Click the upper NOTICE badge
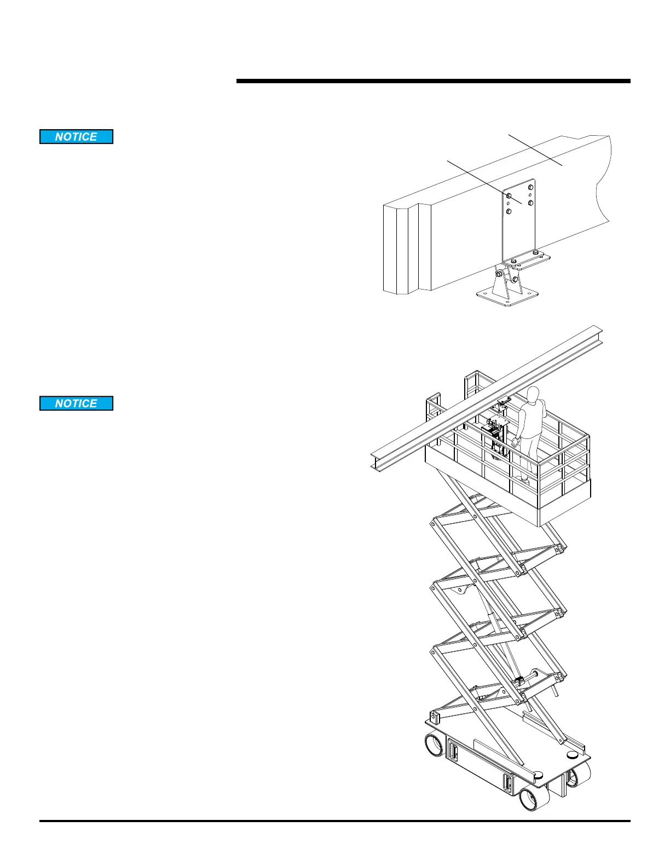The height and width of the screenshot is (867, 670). click(x=76, y=137)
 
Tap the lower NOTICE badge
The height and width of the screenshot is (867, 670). click(x=76, y=403)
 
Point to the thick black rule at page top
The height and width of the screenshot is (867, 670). click(x=433, y=82)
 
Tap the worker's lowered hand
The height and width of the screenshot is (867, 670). click(x=516, y=442)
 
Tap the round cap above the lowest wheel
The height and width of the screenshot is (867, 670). click(x=538, y=774)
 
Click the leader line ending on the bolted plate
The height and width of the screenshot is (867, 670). click(x=482, y=178)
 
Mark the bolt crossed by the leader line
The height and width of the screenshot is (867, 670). click(x=509, y=195)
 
